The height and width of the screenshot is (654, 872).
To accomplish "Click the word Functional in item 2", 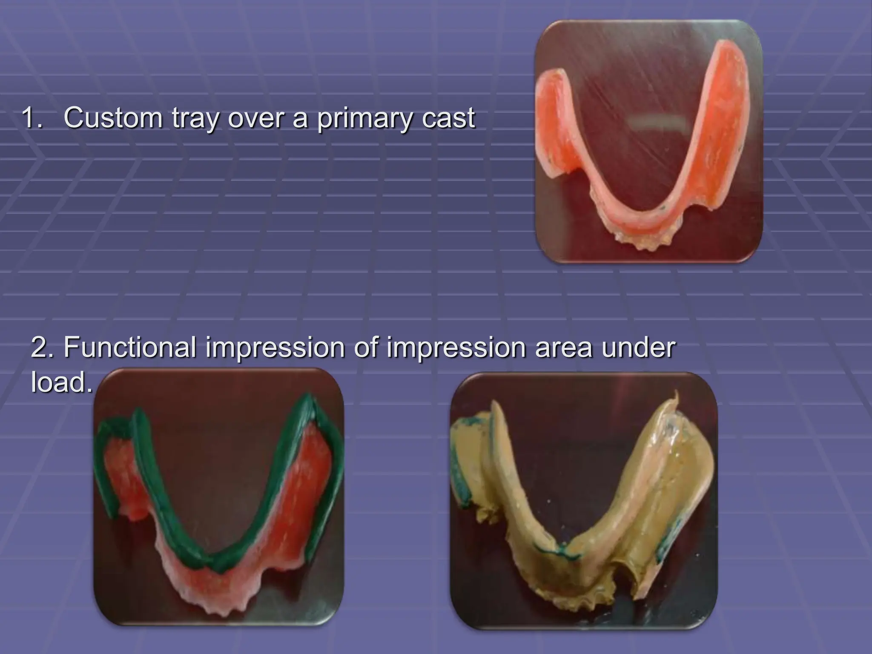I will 130,347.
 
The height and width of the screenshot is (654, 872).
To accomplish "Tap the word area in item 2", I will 565,348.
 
